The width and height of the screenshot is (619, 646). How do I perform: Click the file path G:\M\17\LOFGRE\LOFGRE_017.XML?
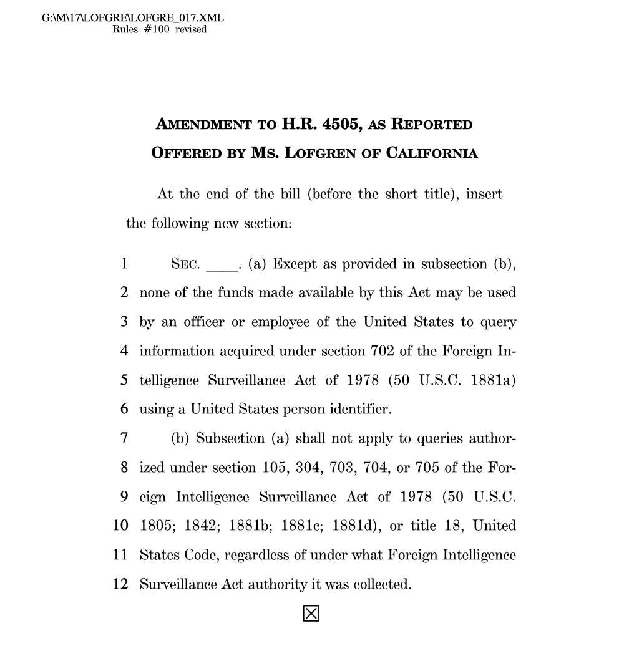pyautogui.click(x=132, y=18)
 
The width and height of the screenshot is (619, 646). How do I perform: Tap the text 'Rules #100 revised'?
pyautogui.click(x=159, y=29)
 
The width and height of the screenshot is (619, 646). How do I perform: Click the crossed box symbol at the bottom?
pyautogui.click(x=311, y=614)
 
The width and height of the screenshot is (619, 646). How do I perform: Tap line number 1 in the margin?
pyautogui.click(x=124, y=264)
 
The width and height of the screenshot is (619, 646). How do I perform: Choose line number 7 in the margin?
pyautogui.click(x=124, y=438)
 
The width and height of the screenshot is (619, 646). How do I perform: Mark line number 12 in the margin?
pyautogui.click(x=120, y=584)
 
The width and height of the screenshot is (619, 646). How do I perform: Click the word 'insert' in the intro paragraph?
pyautogui.click(x=484, y=194)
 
